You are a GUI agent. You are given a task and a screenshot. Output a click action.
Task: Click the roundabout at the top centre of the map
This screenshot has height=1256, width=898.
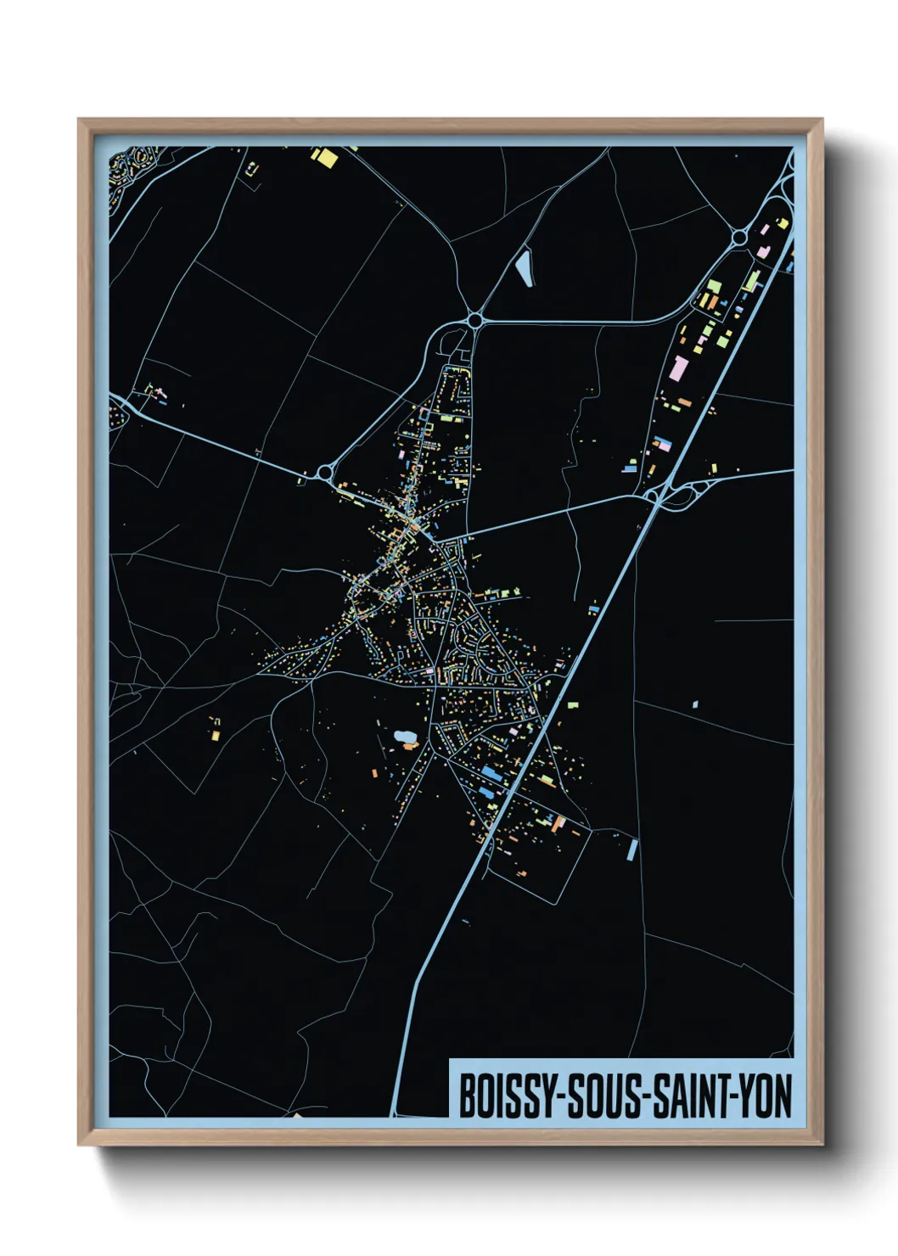[x=474, y=320]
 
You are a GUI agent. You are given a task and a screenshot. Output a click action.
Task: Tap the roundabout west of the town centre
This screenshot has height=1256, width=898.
[x=324, y=473]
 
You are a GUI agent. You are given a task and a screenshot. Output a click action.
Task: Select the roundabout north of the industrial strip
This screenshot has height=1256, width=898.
[x=739, y=237]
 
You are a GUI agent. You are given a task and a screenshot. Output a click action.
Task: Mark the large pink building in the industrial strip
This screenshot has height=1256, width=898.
[x=678, y=368]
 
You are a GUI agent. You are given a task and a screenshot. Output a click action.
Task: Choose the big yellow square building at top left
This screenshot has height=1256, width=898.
[x=324, y=156]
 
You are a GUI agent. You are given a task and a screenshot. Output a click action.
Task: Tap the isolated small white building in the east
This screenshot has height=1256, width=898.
[x=695, y=704]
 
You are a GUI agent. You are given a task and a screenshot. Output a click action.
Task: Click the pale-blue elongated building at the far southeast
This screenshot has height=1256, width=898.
[x=631, y=849]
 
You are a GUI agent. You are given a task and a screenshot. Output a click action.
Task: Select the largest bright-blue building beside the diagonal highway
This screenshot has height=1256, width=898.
[x=491, y=774]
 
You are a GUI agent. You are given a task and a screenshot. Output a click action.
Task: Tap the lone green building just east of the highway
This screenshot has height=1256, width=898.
[x=573, y=704]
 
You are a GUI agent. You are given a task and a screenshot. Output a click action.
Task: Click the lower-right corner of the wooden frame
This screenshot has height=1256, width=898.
[x=821, y=1143]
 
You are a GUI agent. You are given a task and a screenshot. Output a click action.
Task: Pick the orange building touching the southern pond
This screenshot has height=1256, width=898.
[x=411, y=746]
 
